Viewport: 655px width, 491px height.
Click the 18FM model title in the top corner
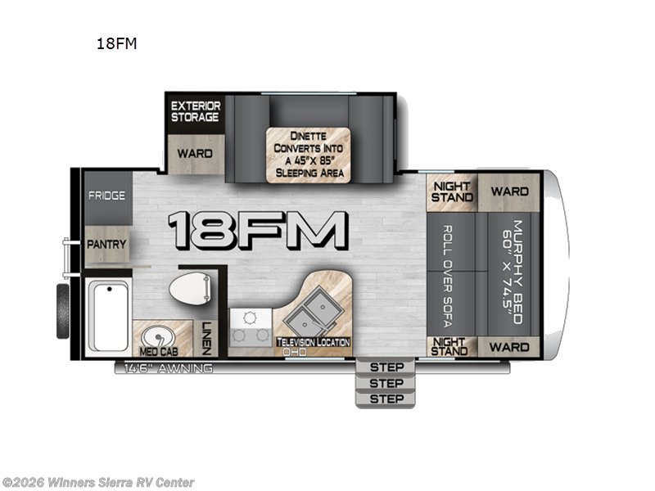(x=116, y=43)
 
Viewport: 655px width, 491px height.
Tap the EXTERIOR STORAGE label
(x=195, y=111)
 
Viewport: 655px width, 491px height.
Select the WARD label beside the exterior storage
(x=195, y=153)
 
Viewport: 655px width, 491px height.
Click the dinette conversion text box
(x=308, y=154)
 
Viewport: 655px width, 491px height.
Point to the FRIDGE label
(x=107, y=196)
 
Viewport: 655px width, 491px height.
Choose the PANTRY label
(x=107, y=244)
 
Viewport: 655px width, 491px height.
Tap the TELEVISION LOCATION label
(x=314, y=341)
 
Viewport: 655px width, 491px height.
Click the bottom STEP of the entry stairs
(x=386, y=399)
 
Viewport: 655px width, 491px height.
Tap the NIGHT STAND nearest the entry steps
(x=451, y=347)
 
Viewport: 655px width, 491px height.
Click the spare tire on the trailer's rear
(x=62, y=311)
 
